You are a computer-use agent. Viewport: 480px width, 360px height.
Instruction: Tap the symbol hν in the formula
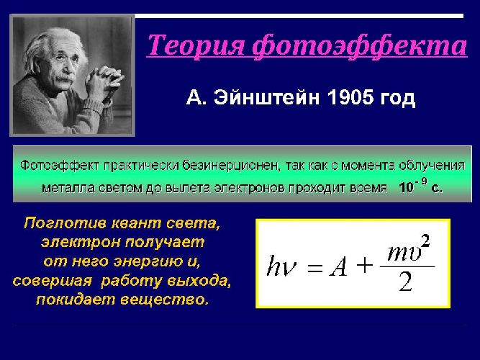pos(280,268)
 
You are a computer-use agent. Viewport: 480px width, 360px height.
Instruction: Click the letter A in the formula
pos(338,268)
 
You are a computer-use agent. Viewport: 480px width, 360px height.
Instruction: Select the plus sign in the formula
pos(366,266)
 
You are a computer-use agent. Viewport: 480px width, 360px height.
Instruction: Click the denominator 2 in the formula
pos(406,282)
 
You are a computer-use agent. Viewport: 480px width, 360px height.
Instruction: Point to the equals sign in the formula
pos(314,269)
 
